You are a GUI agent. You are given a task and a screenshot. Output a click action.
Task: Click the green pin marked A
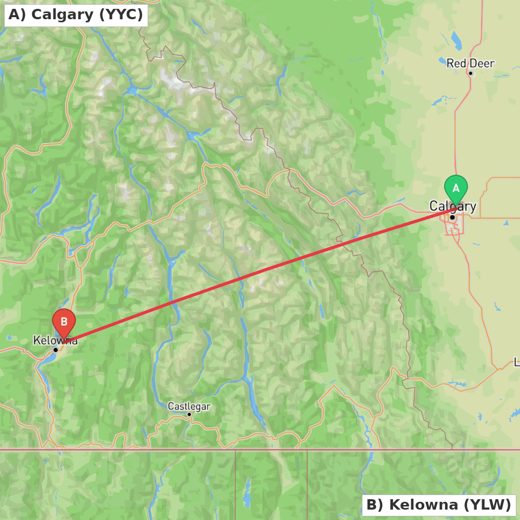coord(456,188)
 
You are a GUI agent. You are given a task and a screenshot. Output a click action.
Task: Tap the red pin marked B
coord(64,322)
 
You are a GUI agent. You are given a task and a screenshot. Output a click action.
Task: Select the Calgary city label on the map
coord(452,206)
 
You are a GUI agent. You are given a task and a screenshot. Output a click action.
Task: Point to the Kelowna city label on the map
coord(55,341)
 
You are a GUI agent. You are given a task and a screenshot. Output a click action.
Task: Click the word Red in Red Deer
coord(456,63)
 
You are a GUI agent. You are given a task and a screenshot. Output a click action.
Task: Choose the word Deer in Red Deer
coord(482,63)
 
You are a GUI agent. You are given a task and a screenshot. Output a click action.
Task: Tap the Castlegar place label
coord(189,406)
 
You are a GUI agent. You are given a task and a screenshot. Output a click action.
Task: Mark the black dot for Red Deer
coord(471,73)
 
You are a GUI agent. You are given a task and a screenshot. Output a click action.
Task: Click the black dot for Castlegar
coord(189,414)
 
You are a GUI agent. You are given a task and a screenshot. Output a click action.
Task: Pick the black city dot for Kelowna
coord(56,350)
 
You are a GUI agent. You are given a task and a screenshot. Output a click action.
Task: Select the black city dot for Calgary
coord(452,217)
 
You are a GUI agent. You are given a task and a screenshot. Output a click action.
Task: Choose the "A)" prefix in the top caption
coord(17,15)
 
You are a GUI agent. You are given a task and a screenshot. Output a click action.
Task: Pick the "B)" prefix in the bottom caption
coord(375,505)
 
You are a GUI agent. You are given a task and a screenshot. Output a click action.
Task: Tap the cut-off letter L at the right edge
coord(517,362)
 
